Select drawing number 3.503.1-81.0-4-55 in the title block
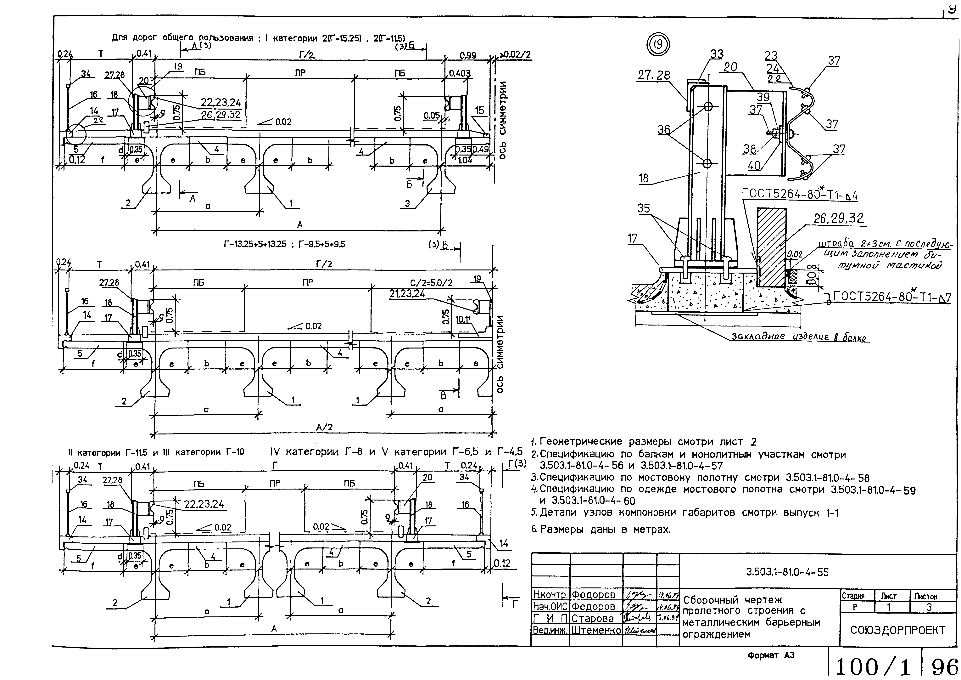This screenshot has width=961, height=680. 787,572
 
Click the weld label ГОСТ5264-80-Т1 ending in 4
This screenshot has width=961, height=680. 799,195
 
